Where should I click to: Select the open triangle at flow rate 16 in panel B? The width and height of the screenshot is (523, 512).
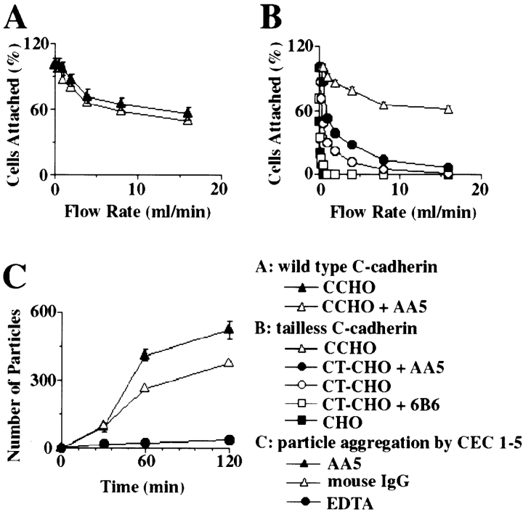point(448,110)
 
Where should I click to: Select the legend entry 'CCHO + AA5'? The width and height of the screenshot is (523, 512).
point(436,306)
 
